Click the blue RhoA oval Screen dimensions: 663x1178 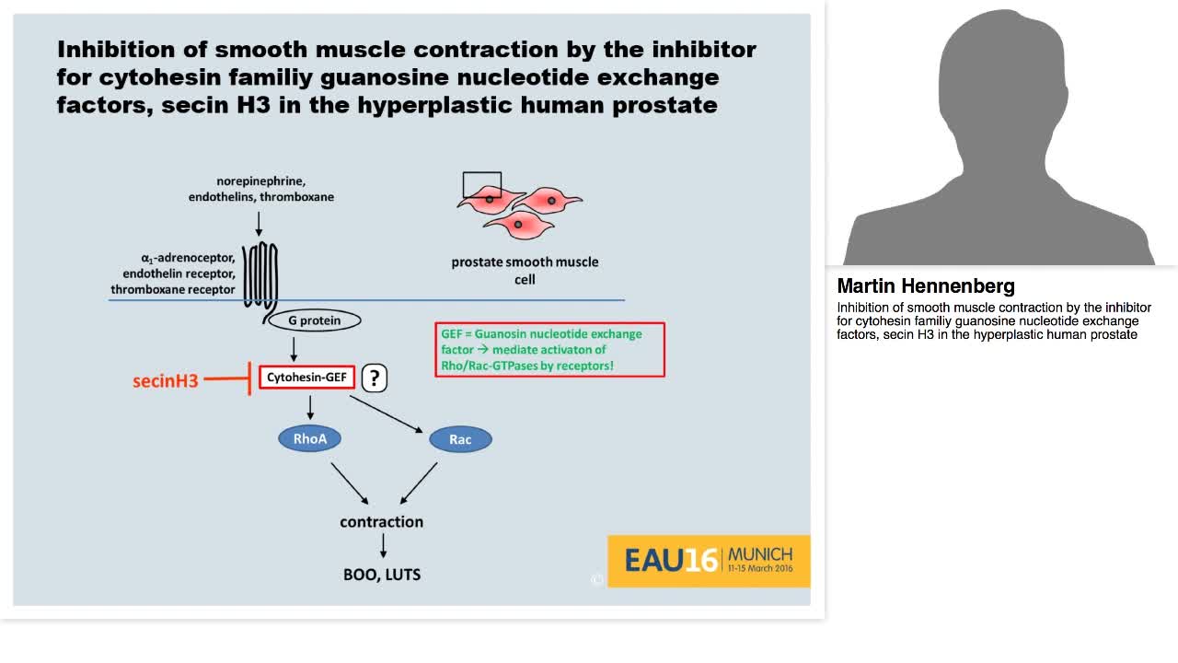[310, 438]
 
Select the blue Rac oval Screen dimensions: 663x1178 [460, 439]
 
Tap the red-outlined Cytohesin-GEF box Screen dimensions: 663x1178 [306, 377]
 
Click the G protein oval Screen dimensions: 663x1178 [314, 320]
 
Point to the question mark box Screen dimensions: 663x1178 [374, 378]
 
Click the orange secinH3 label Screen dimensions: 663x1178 [166, 380]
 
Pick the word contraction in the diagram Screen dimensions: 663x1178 [381, 521]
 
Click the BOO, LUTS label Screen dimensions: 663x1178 [381, 574]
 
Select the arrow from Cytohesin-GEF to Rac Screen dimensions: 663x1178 [387, 413]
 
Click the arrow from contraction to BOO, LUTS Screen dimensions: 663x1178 [383, 545]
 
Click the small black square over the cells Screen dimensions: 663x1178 [482, 185]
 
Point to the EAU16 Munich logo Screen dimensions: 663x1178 [708, 560]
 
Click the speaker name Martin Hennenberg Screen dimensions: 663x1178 [926, 285]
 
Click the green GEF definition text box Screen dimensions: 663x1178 [549, 350]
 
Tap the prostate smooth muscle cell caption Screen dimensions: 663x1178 [525, 270]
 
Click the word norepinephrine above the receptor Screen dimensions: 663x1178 [261, 180]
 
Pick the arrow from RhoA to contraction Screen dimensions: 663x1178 [349, 483]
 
